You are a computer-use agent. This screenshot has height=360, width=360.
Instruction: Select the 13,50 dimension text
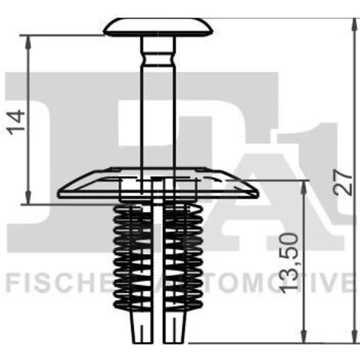pyautogui.click(x=289, y=264)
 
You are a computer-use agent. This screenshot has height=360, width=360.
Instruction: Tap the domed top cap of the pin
pyautogui.click(x=158, y=27)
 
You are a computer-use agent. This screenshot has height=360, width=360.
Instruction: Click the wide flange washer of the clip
pyautogui.click(x=158, y=184)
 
